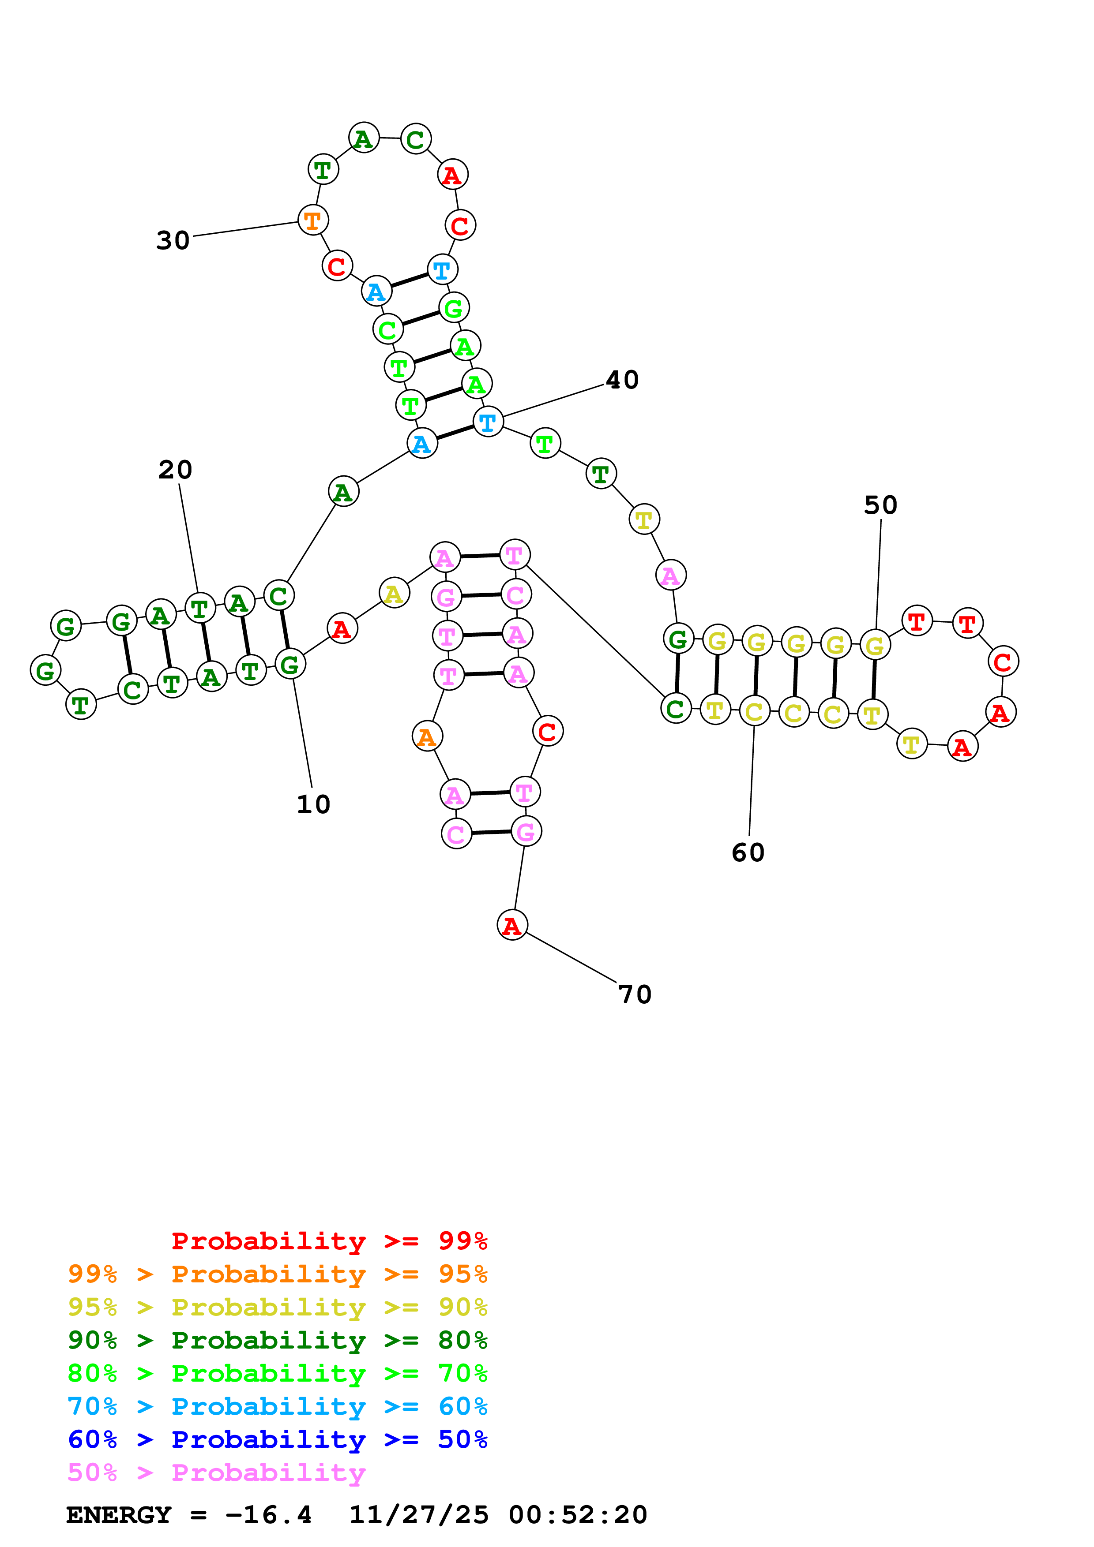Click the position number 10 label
313,804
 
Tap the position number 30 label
173,240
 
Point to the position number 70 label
635,994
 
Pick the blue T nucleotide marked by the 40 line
488,422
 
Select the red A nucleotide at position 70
512,925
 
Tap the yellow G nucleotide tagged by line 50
875,645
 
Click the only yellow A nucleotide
395,593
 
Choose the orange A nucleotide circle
427,736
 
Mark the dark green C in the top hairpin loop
416,139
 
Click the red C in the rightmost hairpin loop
1003,661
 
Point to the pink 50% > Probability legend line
216,1472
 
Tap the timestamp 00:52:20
578,1515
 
